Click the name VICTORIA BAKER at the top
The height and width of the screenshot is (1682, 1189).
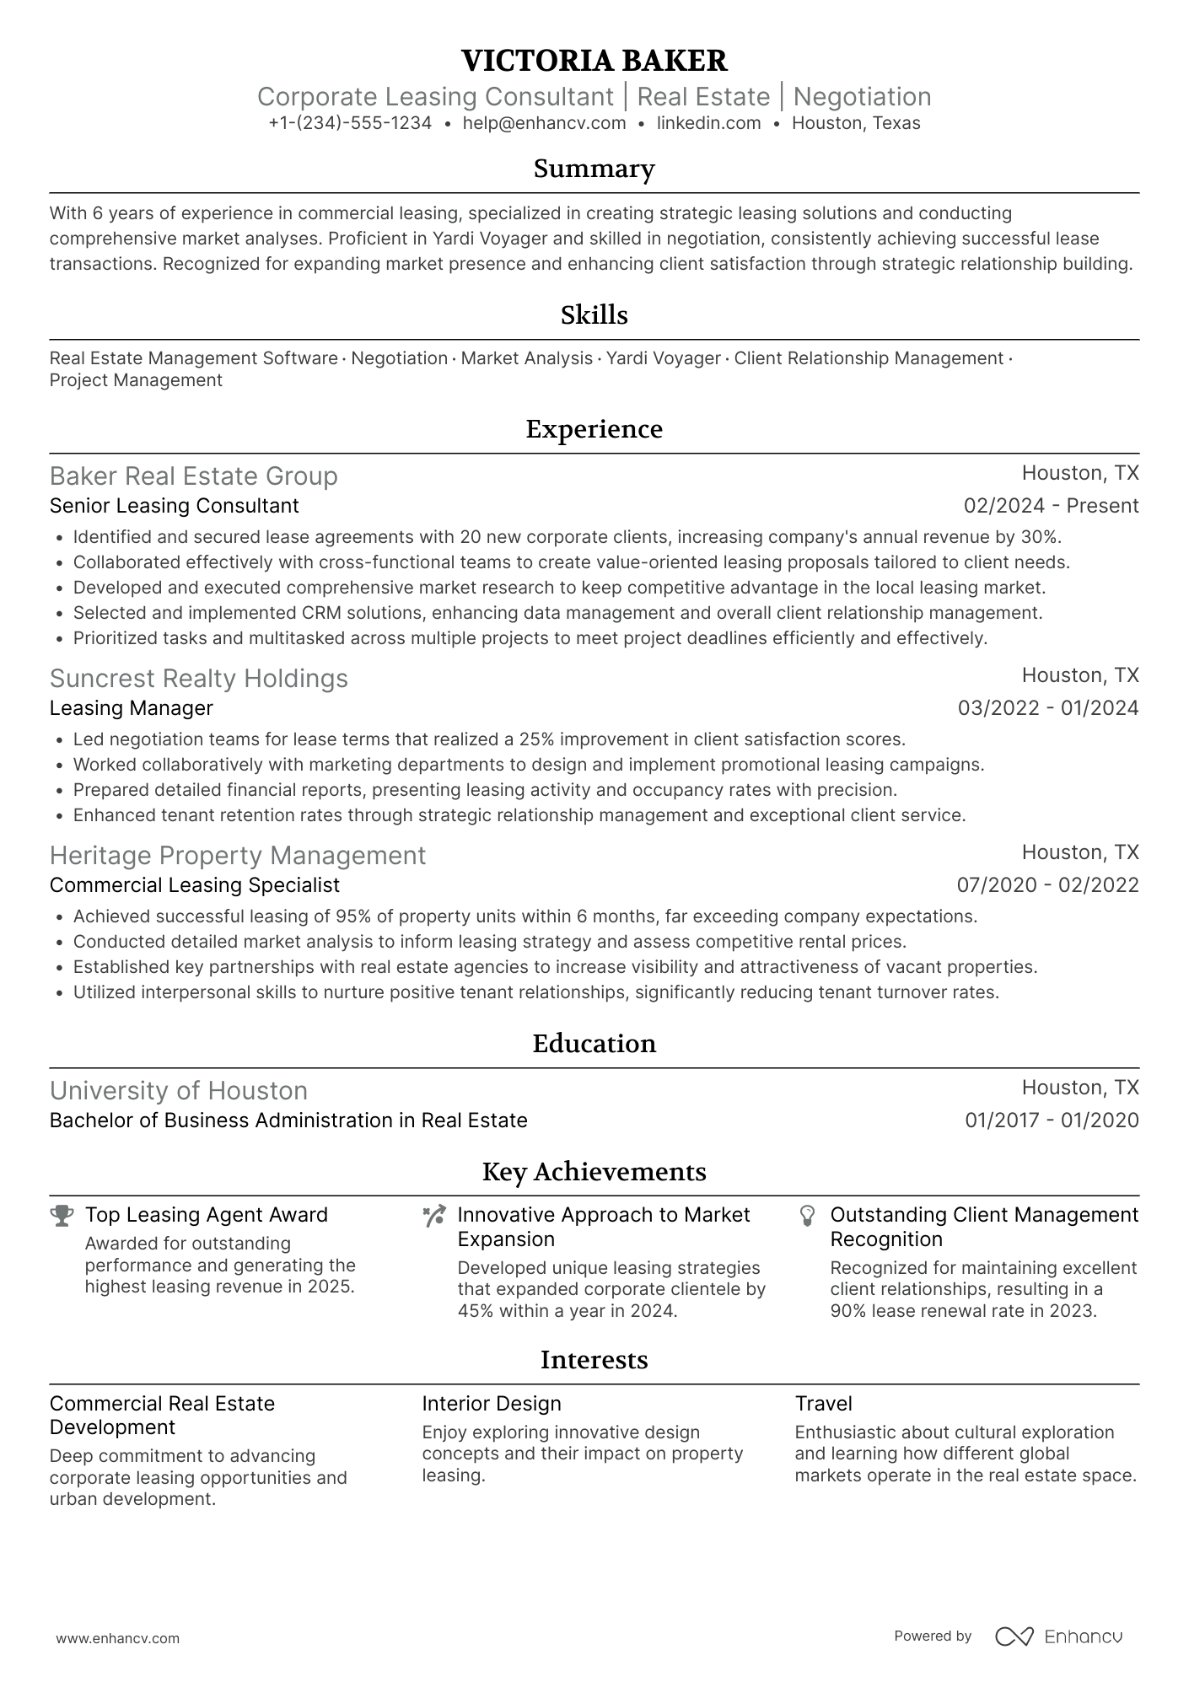pyautogui.click(x=594, y=61)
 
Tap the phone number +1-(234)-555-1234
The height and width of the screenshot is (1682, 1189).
pyautogui.click(x=350, y=123)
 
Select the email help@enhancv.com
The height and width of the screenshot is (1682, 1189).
pyautogui.click(x=544, y=123)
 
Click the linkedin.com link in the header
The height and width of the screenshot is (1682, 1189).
pyautogui.click(x=708, y=123)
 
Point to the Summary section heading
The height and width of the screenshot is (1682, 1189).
pyautogui.click(x=594, y=169)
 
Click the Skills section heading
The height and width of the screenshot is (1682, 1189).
pyautogui.click(x=594, y=315)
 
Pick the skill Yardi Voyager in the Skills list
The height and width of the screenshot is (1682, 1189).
pyautogui.click(x=663, y=358)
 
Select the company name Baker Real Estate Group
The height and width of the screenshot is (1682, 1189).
pyautogui.click(x=193, y=476)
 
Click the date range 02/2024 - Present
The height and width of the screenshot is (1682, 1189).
pyautogui.click(x=1051, y=506)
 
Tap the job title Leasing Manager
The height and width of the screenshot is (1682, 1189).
pyautogui.click(x=131, y=708)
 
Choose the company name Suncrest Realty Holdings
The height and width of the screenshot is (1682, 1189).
pyautogui.click(x=198, y=679)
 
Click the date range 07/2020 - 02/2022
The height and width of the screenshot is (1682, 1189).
pyautogui.click(x=1047, y=885)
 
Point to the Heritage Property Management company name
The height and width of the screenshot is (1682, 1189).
pyautogui.click(x=237, y=856)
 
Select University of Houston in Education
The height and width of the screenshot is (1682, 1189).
pyautogui.click(x=178, y=1091)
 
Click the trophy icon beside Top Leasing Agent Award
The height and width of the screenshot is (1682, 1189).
pyautogui.click(x=62, y=1216)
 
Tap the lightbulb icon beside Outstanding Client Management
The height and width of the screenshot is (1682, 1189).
pyautogui.click(x=807, y=1216)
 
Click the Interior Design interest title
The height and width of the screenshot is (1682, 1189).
pyautogui.click(x=491, y=1404)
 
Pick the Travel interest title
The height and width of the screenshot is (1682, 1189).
pyautogui.click(x=823, y=1404)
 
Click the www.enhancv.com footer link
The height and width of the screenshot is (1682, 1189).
pyautogui.click(x=117, y=1639)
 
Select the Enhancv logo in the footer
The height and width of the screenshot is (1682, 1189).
pyautogui.click(x=1058, y=1636)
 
